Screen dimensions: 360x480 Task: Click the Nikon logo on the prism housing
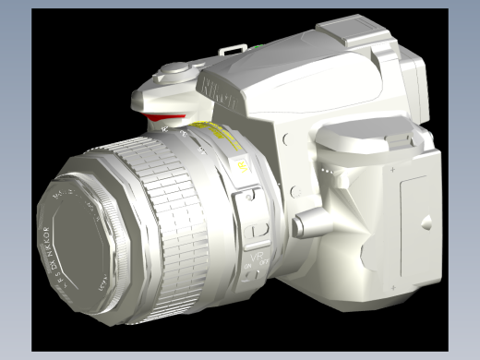[x=217, y=94]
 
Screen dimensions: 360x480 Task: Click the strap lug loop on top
[x=235, y=47]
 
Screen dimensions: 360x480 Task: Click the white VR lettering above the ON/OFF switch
[x=258, y=250]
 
